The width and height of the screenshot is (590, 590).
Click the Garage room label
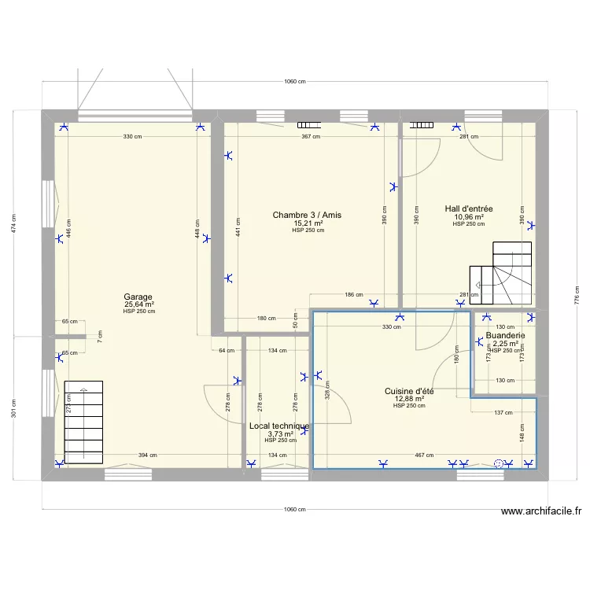pyautogui.click(x=138, y=297)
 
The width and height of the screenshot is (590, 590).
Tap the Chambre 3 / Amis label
pyautogui.click(x=307, y=215)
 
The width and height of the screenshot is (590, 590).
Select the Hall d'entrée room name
pyautogui.click(x=469, y=208)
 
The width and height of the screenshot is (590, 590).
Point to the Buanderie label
pyautogui.click(x=505, y=335)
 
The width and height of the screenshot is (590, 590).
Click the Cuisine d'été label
pyautogui.click(x=409, y=391)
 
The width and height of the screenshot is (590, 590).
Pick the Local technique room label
pyautogui.click(x=279, y=426)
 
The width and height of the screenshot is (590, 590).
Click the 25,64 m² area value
pyautogui.click(x=138, y=304)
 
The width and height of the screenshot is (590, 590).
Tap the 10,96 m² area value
pyautogui.click(x=469, y=216)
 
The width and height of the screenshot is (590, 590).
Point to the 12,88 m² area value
pyautogui.click(x=409, y=399)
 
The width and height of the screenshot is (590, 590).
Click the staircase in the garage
pyautogui.click(x=83, y=421)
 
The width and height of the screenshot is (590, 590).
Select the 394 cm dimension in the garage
pyautogui.click(x=148, y=455)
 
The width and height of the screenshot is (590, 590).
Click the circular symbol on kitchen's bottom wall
pyautogui.click(x=498, y=464)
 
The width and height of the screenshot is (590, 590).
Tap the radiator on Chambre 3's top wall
pyautogui.click(x=308, y=124)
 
